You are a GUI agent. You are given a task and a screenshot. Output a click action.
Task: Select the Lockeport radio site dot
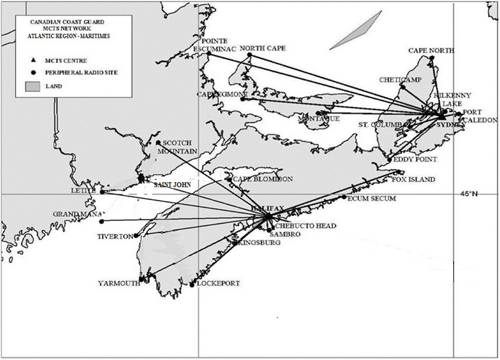pyautogui.click(x=192, y=284)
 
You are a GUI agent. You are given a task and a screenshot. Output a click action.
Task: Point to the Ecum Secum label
pyautogui.click(x=372, y=198)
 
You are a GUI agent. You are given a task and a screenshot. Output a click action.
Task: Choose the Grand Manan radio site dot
pyautogui.click(x=102, y=221)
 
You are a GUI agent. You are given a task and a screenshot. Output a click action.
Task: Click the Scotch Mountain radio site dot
pyautogui.click(x=158, y=143)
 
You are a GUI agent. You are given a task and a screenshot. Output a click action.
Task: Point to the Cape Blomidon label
pyautogui.click(x=263, y=179)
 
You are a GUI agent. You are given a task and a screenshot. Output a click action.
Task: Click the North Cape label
pyautogui.click(x=263, y=48)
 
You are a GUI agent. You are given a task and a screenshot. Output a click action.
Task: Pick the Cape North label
pyautogui.click(x=432, y=51)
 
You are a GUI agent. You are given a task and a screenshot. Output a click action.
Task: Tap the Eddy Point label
pyautogui.click(x=415, y=159)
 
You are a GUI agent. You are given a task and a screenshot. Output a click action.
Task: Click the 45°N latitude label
pyautogui.click(x=469, y=195)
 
